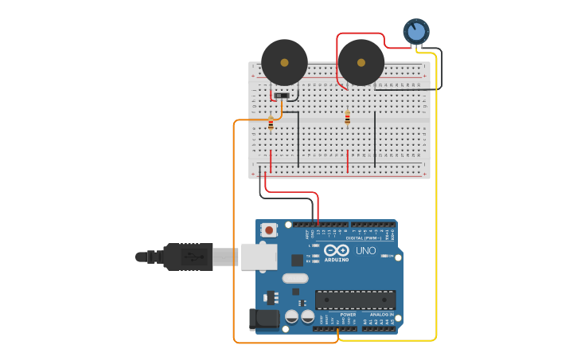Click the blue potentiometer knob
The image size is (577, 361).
click(x=415, y=31)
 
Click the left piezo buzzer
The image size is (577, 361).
click(x=284, y=62)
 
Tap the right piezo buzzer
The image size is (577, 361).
click(x=361, y=62)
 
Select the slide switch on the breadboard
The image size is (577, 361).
click(x=280, y=96)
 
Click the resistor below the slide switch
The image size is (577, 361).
click(x=271, y=124)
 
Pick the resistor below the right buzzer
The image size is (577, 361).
click(x=347, y=118)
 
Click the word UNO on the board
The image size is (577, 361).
click(x=365, y=251)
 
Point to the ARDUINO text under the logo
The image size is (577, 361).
click(x=337, y=260)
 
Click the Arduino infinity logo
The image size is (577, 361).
click(x=337, y=250)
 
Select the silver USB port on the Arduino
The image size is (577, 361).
click(x=259, y=257)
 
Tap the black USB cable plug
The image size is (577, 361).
click(x=188, y=257)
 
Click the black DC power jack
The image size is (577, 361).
click(x=263, y=320)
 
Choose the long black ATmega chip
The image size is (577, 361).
click(x=355, y=300)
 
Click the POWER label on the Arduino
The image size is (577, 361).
click(x=348, y=315)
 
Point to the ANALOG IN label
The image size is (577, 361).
click(x=380, y=315)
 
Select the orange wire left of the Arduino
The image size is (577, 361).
click(x=233, y=239)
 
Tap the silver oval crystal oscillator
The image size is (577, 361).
click(x=294, y=278)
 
